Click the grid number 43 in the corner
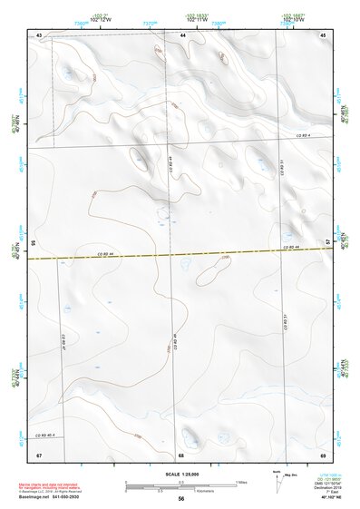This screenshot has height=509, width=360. click(x=40, y=34)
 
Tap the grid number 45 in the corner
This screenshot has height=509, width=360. click(x=322, y=34)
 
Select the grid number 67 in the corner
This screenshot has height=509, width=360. click(x=40, y=454)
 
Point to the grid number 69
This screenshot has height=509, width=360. click(x=322, y=454)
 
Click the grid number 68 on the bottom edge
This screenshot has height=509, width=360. click(x=181, y=454)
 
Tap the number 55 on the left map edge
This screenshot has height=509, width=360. click(x=33, y=243)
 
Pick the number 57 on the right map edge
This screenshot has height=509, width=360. click(x=328, y=241)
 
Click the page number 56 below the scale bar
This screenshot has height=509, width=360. click(x=181, y=499)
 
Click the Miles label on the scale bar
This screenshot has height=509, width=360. click(x=242, y=482)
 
